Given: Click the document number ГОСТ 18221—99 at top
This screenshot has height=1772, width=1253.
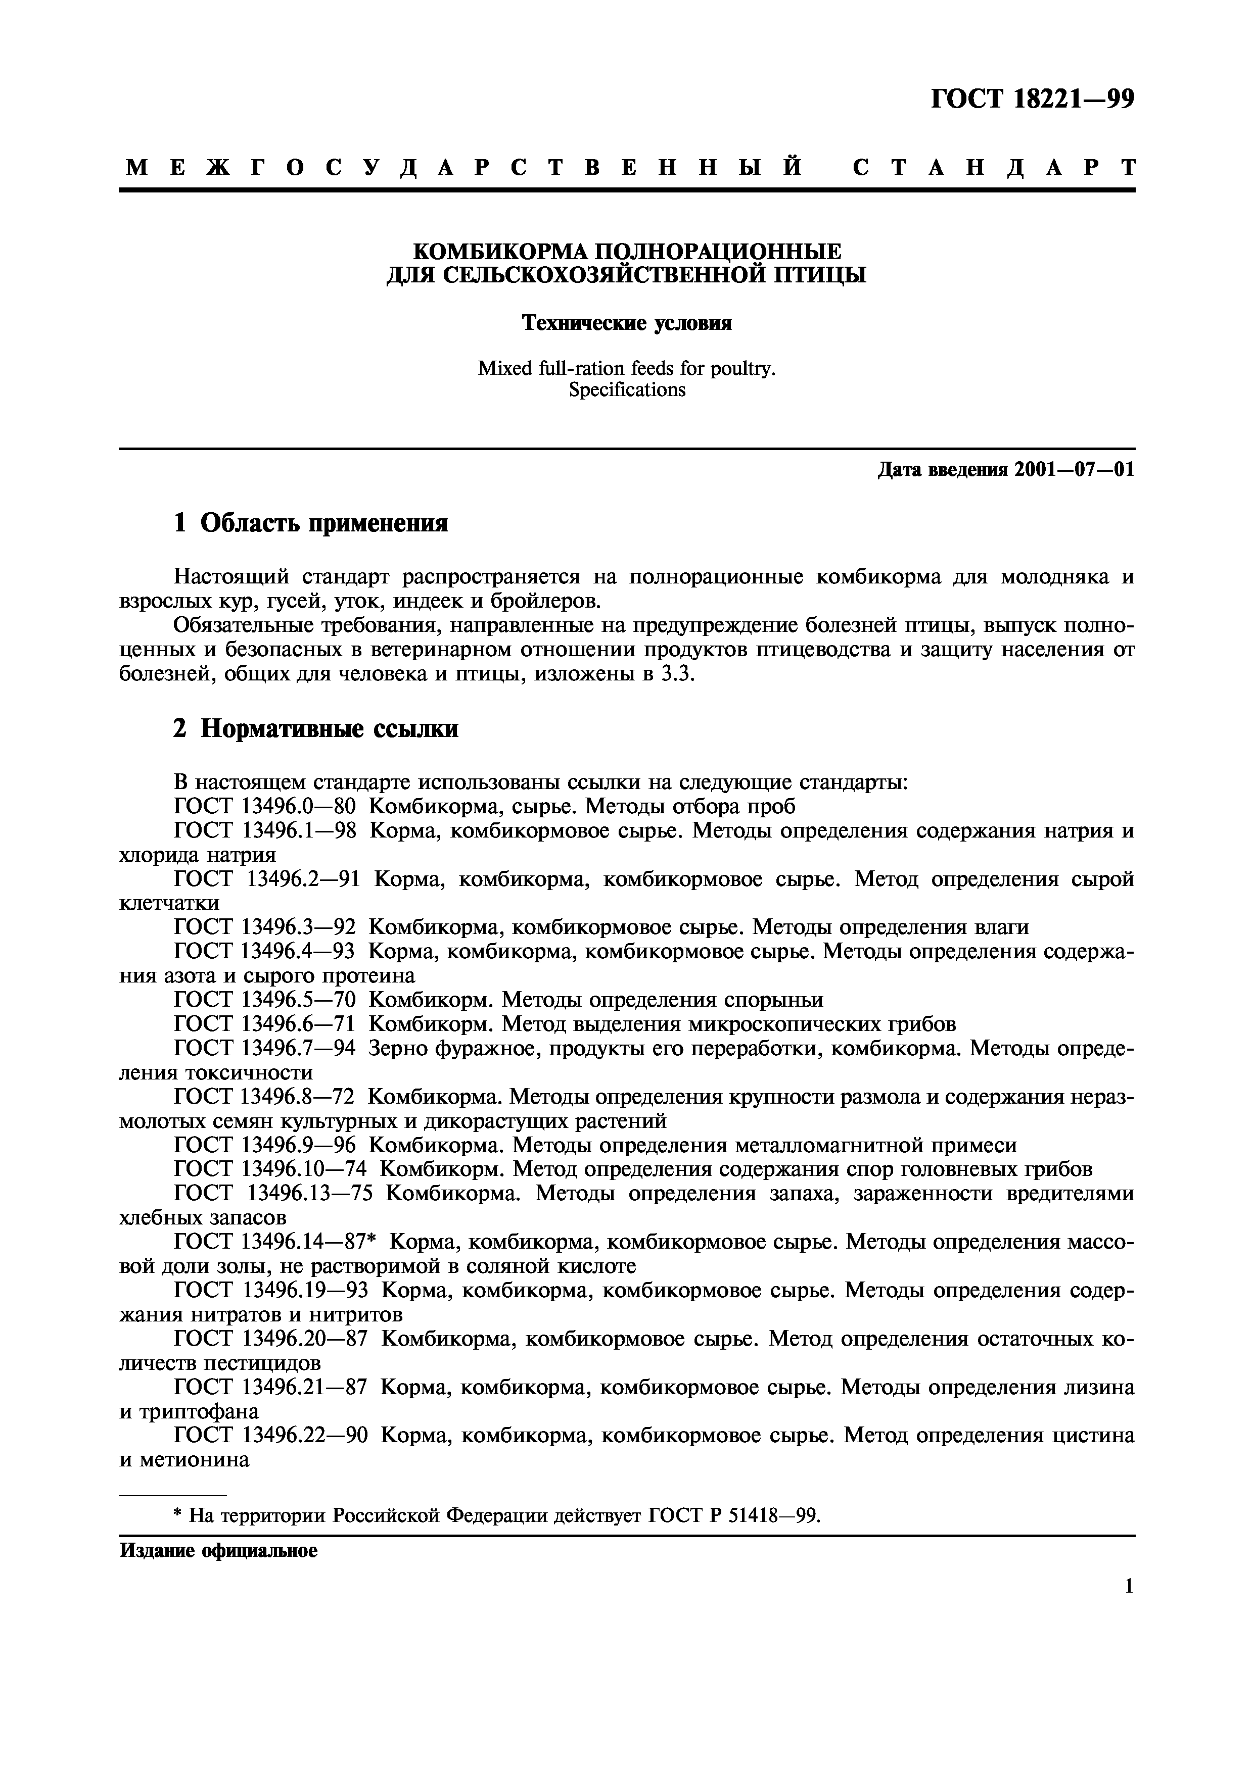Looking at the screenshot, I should tap(1032, 100).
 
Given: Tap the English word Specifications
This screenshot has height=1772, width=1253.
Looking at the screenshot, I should tap(626, 390).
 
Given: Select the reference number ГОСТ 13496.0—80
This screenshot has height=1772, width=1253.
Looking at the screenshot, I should tap(265, 807).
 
